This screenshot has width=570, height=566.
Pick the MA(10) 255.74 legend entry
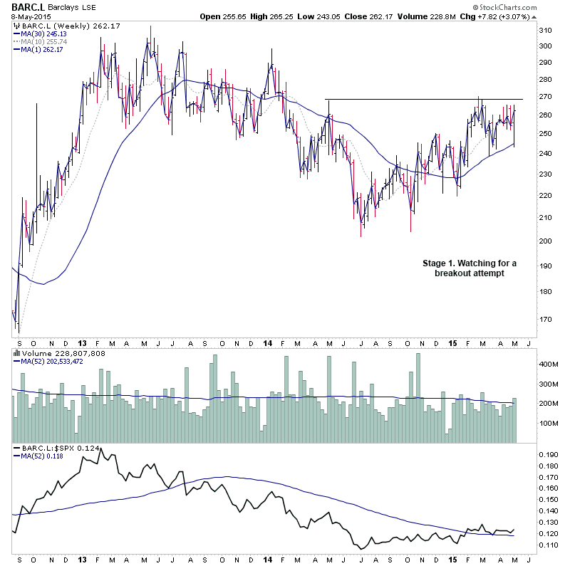point(46,41)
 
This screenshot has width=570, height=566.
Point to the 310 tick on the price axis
point(546,30)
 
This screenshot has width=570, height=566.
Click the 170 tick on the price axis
point(546,319)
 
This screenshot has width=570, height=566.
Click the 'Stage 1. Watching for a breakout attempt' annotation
point(467,268)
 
